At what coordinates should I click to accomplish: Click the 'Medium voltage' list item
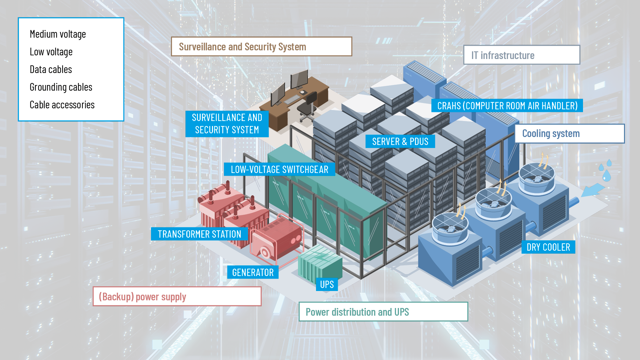coord(58,34)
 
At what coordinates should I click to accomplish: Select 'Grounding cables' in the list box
coord(61,87)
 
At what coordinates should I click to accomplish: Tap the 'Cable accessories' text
coord(62,105)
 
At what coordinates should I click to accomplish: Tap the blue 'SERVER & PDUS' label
coord(400,141)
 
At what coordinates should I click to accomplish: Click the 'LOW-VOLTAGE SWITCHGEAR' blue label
coord(279,169)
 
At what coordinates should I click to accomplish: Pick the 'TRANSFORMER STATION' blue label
coord(199,234)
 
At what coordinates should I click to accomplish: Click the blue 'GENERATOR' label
coord(253,272)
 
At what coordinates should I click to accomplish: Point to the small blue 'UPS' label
coord(327,284)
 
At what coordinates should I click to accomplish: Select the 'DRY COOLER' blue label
coord(548,247)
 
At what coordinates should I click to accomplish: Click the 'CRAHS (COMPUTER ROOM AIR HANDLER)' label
coord(507,106)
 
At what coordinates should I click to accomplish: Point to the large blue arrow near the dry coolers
coord(592,190)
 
